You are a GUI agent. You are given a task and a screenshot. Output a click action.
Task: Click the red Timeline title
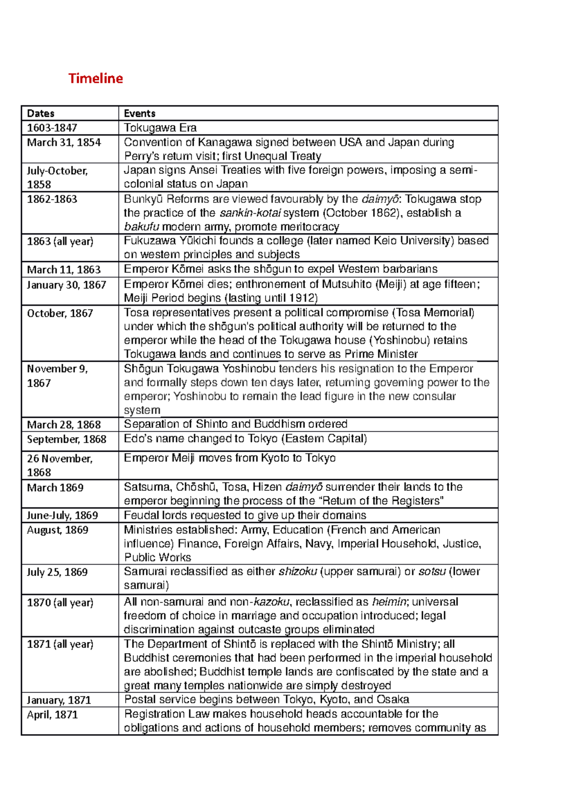[x=95, y=78]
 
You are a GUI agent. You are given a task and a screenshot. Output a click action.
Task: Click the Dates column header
[x=41, y=113]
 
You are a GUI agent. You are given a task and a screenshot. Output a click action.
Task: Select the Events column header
[x=139, y=113]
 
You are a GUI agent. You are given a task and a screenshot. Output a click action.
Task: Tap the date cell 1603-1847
[x=52, y=128]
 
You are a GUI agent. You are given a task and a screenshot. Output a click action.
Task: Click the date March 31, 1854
[x=64, y=142]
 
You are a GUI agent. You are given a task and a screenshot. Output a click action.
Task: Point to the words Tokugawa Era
[x=160, y=128]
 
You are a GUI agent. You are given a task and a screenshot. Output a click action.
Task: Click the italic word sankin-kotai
[x=250, y=213]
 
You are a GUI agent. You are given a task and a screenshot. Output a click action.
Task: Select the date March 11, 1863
[x=64, y=270]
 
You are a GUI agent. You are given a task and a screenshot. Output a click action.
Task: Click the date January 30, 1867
[x=66, y=285]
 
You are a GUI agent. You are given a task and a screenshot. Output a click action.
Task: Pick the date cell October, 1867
[x=60, y=313]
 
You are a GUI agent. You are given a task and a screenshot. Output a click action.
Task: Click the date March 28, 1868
[x=64, y=425]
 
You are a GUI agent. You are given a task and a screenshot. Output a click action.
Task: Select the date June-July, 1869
[x=62, y=516]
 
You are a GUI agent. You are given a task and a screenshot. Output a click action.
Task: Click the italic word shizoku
[x=298, y=571]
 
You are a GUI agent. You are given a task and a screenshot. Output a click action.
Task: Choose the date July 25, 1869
[x=57, y=572]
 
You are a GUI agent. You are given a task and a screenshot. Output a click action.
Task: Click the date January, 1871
[x=59, y=700]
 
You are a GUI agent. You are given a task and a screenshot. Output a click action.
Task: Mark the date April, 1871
[x=52, y=715]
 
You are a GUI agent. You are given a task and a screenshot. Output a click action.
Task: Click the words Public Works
[x=157, y=557]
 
